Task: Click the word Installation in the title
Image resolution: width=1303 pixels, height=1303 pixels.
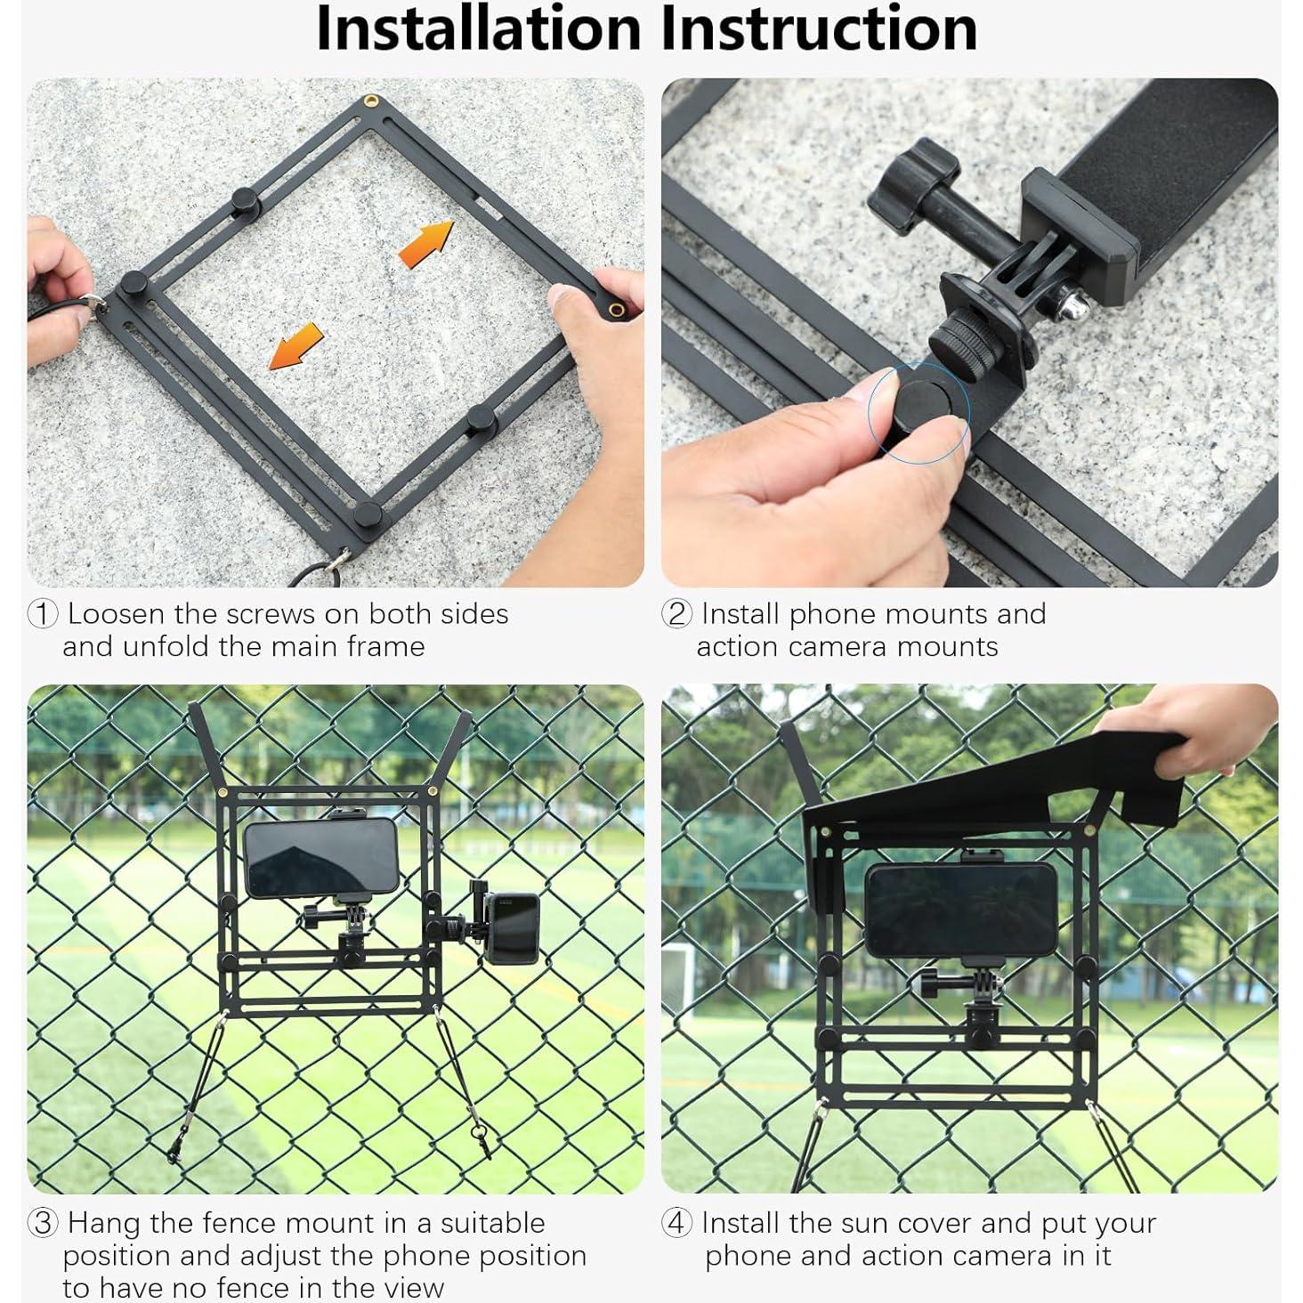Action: tap(478, 28)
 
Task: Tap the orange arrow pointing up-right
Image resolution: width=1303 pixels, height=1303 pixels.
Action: tap(426, 245)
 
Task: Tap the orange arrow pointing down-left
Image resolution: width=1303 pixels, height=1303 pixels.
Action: tap(296, 346)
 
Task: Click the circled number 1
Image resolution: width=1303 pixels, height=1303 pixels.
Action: tap(44, 614)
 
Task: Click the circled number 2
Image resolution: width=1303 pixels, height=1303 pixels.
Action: tap(677, 614)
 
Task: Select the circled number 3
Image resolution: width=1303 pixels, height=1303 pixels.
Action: tap(44, 1223)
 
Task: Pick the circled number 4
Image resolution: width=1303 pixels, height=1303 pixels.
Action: tap(677, 1223)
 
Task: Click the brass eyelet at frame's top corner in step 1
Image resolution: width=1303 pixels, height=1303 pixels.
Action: tap(369, 101)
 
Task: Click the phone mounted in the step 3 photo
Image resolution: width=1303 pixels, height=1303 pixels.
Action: tap(320, 857)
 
